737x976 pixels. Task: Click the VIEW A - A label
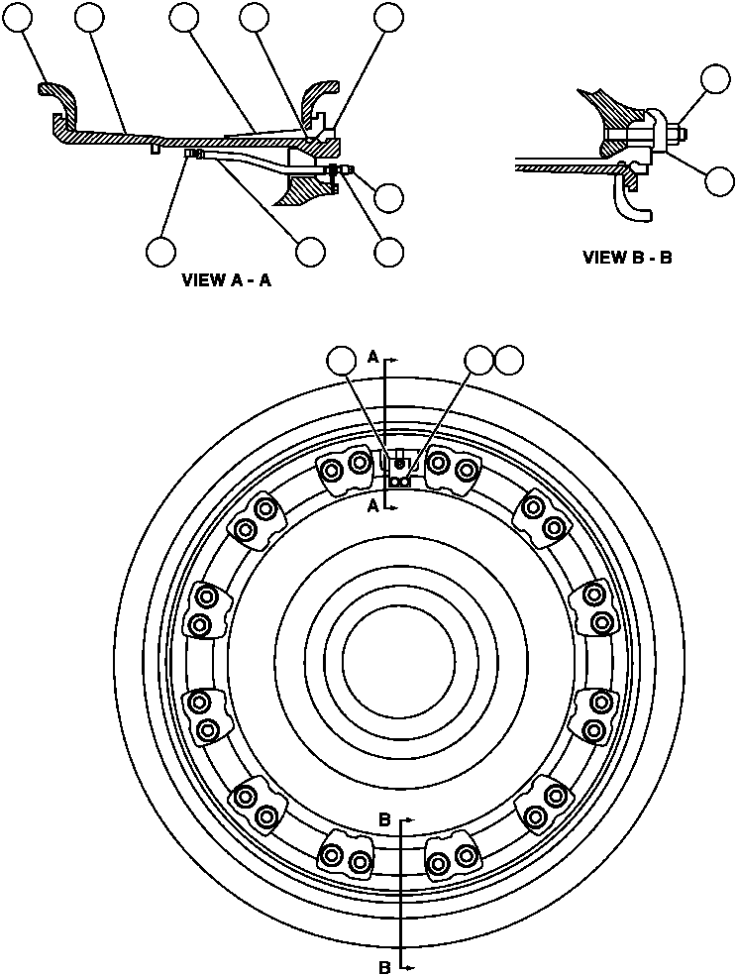[226, 280]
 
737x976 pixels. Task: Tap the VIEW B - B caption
[627, 258]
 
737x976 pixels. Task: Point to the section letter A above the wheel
[372, 357]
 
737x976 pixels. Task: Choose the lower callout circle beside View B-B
[722, 180]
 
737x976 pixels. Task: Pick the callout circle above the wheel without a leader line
[510, 361]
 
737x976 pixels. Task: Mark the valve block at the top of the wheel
[398, 471]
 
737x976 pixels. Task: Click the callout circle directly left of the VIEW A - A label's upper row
[160, 251]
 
